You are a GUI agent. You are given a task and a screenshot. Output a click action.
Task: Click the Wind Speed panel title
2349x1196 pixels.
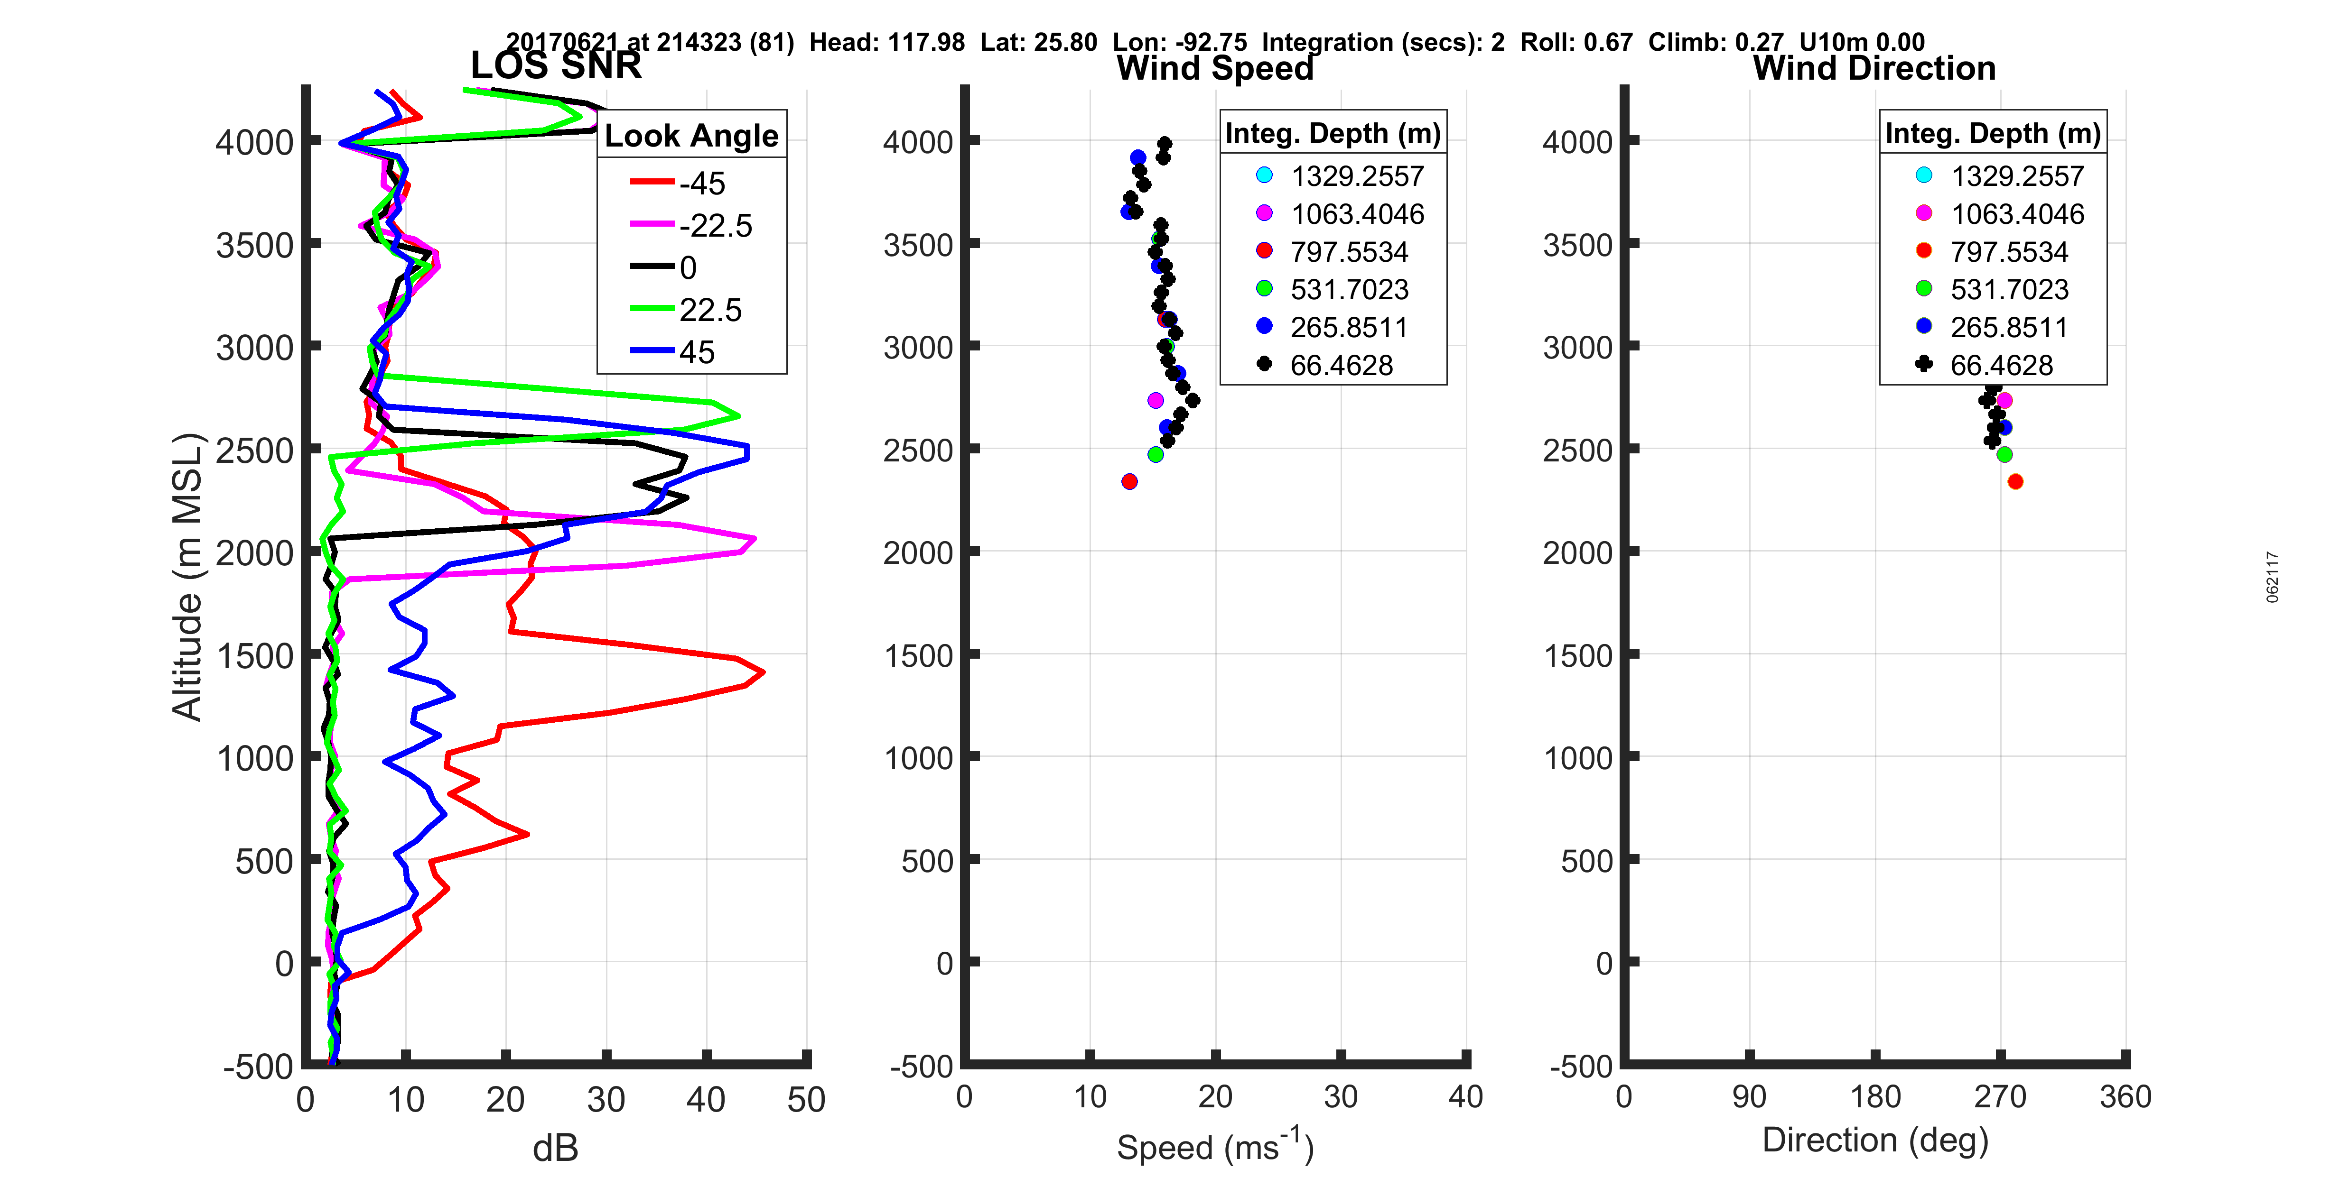[1215, 68]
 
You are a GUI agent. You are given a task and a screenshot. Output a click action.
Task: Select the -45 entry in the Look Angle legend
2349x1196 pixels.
[701, 183]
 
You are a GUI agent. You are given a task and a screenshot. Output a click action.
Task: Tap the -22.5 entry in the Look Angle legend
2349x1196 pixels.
[715, 225]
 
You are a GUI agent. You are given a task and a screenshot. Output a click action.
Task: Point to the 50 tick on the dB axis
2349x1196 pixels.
[806, 1099]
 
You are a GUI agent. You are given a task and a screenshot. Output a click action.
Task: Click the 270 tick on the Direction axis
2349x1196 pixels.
[2000, 1096]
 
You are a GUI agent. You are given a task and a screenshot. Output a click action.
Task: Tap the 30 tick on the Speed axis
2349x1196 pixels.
[1341, 1096]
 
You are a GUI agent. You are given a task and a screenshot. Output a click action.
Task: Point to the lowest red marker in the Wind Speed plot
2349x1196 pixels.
[1129, 481]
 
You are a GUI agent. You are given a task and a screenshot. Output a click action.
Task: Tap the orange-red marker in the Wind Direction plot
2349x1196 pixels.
[2015, 481]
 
